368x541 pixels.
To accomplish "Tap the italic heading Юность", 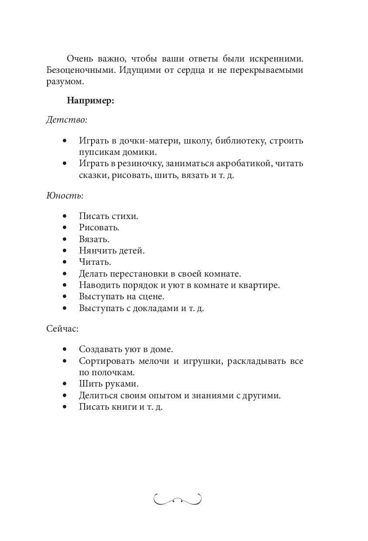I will [x=65, y=195].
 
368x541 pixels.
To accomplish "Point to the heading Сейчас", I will [x=62, y=329].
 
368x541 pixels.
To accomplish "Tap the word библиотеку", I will [x=240, y=141].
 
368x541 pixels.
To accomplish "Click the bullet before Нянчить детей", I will [x=65, y=251].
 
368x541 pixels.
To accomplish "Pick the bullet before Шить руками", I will [x=65, y=384].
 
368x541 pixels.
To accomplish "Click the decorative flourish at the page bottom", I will [x=177, y=499].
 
